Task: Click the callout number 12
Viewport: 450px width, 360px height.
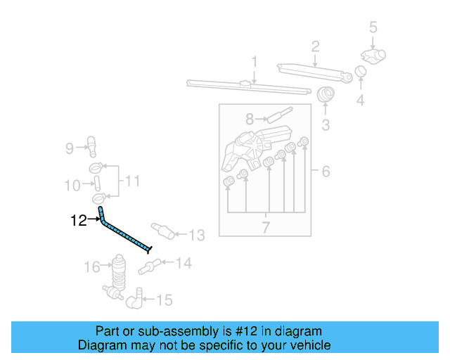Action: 79,221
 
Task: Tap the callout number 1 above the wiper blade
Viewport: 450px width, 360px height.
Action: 254,62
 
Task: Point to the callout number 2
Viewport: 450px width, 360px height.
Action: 316,47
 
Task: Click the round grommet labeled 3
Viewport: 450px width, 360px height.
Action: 326,94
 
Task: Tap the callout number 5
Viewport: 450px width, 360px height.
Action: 373,28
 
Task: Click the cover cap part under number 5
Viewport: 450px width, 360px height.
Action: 373,56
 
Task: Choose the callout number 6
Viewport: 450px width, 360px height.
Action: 326,172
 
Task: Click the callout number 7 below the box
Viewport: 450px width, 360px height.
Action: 266,227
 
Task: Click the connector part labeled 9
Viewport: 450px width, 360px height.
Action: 91,145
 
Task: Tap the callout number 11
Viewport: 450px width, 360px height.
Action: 132,182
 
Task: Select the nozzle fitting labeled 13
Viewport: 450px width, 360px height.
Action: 161,230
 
